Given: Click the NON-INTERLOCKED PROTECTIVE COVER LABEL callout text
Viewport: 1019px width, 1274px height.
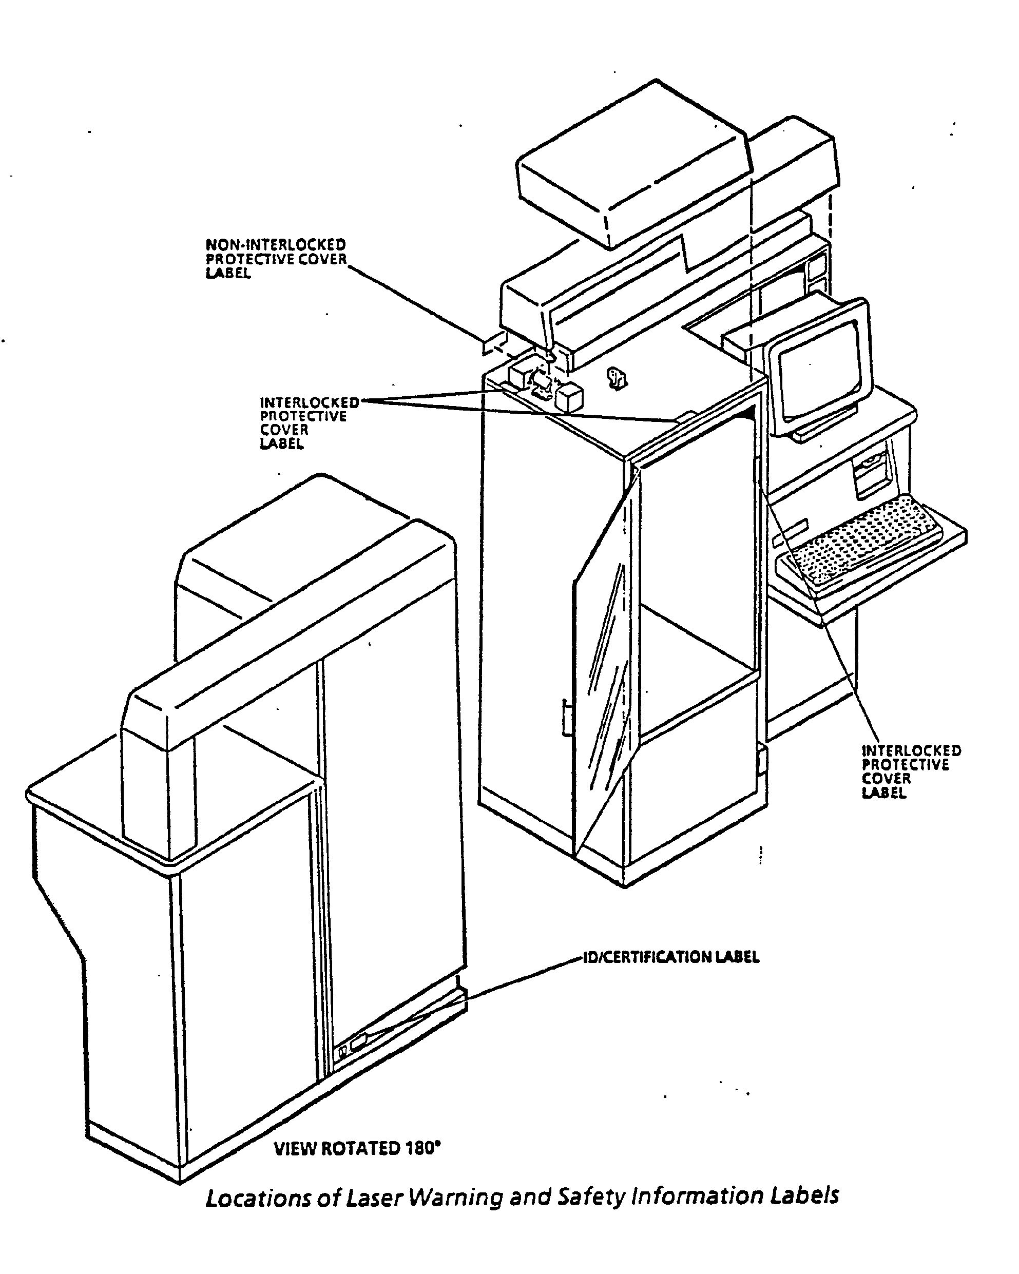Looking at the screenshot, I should tap(276, 259).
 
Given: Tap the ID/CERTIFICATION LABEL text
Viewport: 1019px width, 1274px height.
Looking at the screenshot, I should tap(670, 957).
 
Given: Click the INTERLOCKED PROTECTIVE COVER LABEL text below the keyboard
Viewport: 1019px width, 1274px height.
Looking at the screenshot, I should tap(911, 771).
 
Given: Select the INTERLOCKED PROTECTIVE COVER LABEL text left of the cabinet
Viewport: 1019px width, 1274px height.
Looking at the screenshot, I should tap(309, 423).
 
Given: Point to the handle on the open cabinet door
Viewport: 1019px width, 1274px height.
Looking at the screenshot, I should tap(566, 718).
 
